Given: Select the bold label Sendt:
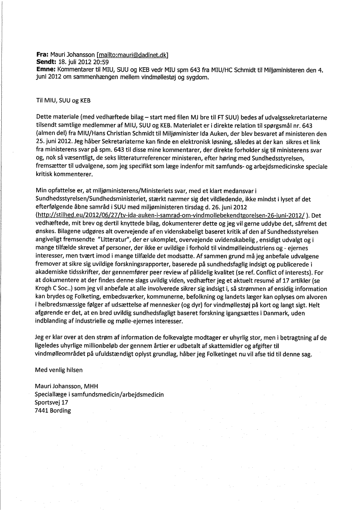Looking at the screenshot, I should coord(46,62).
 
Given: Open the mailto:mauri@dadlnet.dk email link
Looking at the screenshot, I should coord(132,55).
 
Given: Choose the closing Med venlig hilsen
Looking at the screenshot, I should coord(58,369).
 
